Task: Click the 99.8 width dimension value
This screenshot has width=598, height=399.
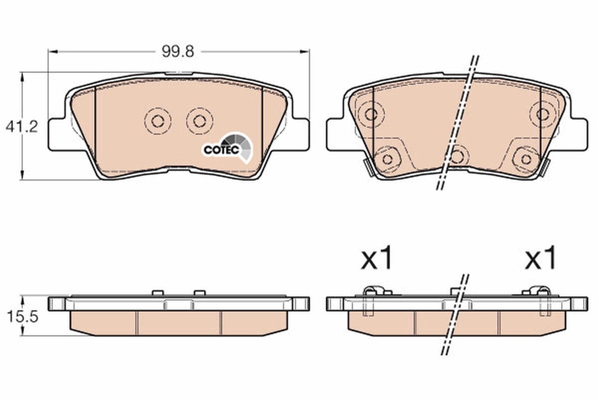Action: click(x=177, y=51)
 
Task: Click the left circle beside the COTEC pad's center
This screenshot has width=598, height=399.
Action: click(x=157, y=121)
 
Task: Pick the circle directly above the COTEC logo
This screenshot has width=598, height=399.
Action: click(x=199, y=121)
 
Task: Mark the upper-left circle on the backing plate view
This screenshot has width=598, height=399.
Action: click(x=371, y=114)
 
